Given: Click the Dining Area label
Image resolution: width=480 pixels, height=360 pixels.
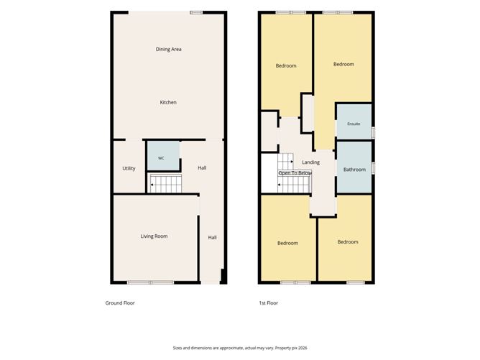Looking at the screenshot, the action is (x=168, y=49).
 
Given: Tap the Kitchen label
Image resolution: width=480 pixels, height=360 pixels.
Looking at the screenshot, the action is (x=168, y=102).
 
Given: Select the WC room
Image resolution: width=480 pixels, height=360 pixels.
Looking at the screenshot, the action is (x=163, y=155).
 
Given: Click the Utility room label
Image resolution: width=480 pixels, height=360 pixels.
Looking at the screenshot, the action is (x=129, y=168).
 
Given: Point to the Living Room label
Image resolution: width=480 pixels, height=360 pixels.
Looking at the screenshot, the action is (x=154, y=236).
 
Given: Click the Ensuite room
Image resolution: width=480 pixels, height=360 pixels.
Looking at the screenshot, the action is (x=354, y=122).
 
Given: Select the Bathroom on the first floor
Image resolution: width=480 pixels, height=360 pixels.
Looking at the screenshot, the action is (x=354, y=167).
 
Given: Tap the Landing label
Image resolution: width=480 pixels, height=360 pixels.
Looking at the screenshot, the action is (x=310, y=162).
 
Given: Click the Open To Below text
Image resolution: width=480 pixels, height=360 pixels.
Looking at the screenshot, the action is (x=295, y=173).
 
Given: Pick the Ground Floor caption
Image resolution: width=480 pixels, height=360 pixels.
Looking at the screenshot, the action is (x=120, y=303).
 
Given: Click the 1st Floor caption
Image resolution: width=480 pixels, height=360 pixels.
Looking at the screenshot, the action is (x=269, y=303).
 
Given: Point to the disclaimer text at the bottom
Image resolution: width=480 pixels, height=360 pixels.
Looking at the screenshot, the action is (x=240, y=348).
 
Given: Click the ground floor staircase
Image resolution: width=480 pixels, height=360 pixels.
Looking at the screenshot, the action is (x=165, y=184).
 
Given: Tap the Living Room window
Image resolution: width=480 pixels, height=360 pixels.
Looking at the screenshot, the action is (x=151, y=282).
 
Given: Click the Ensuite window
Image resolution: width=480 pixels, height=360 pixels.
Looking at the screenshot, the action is (x=373, y=132).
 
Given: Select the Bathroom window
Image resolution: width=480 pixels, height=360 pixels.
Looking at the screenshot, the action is (x=373, y=168).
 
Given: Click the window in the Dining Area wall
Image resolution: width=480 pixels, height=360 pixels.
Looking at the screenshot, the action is (x=196, y=12).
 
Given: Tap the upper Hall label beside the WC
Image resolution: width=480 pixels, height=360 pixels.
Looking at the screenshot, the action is (x=202, y=167).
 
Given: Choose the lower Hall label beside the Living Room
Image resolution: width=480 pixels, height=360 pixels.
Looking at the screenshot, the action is (x=213, y=237).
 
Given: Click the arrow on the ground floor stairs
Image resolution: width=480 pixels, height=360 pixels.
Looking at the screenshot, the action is (x=152, y=185).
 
